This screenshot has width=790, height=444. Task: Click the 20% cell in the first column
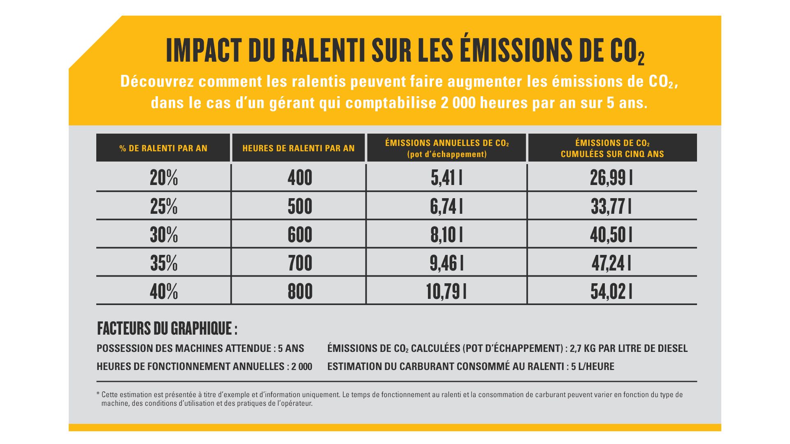click(x=164, y=178)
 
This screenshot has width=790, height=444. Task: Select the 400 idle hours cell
click(x=300, y=178)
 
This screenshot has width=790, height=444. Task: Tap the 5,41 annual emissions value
click(x=446, y=178)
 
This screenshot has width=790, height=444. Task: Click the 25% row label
click(x=164, y=206)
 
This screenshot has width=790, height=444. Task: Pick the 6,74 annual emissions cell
click(x=446, y=206)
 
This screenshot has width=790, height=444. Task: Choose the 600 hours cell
click(x=300, y=235)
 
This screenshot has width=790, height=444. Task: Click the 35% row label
click(x=164, y=263)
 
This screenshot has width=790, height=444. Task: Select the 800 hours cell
click(x=300, y=291)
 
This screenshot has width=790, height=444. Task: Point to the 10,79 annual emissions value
click(x=446, y=291)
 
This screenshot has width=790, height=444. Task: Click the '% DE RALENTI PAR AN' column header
click(x=163, y=148)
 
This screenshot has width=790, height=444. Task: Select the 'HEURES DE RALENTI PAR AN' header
click(x=298, y=148)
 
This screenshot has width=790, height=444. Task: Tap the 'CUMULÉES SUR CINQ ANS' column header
click(x=612, y=154)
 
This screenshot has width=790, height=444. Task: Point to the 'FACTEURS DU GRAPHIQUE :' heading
click(x=167, y=328)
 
